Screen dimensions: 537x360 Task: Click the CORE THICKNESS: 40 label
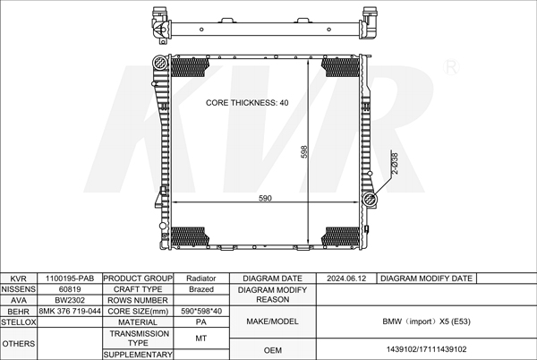click(247, 103)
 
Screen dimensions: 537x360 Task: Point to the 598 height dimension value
click(304, 151)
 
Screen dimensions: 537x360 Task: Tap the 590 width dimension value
click(265, 198)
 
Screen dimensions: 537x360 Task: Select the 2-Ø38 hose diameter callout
click(395, 163)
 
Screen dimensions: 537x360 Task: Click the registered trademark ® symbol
click(451, 67)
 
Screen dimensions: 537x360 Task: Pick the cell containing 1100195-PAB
click(70, 279)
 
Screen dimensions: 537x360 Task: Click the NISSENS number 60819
click(70, 289)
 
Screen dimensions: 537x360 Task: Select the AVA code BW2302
click(70, 300)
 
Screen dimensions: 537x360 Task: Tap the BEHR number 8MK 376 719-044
click(70, 311)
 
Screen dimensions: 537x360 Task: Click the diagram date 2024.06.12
click(346, 279)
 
